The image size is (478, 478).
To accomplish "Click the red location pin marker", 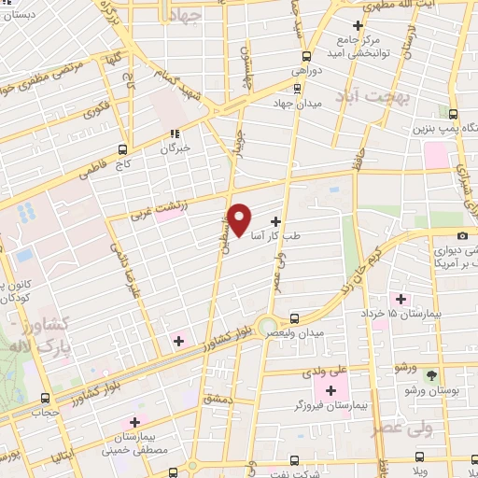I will (240, 218).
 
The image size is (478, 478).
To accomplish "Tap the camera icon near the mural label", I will (464, 235).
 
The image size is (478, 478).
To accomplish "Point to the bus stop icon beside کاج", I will (123, 148).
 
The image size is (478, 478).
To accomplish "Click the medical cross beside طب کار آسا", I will (274, 221).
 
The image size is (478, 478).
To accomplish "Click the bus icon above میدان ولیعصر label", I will (295, 318).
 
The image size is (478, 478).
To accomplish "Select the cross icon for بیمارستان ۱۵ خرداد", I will (401, 299).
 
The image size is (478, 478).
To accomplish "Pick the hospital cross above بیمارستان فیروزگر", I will (330, 388).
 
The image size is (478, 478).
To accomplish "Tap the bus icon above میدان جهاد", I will (297, 89).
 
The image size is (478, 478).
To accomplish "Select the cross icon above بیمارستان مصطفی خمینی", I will (136, 422).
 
